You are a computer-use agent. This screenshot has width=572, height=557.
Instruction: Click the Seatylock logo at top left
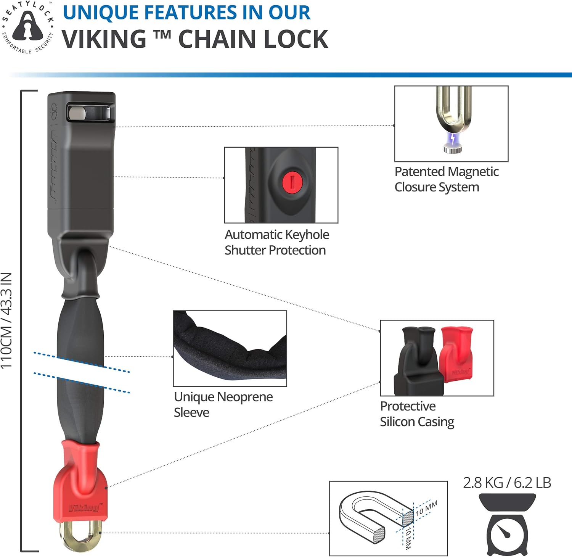[x=27, y=27]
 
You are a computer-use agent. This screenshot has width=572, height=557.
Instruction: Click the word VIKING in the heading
[x=104, y=39]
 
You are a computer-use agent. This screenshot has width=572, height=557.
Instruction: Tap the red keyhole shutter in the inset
[x=292, y=181]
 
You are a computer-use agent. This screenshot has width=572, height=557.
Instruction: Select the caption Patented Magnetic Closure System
[x=446, y=179]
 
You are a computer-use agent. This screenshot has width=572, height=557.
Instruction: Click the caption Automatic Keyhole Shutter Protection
[x=276, y=242]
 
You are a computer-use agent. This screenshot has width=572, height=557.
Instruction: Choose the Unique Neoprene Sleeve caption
[x=223, y=404]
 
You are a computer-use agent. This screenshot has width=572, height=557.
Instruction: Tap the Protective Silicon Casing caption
[x=417, y=414]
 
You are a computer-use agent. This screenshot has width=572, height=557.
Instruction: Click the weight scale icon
[x=507, y=525]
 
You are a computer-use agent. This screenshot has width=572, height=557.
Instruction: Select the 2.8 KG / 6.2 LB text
[x=507, y=483]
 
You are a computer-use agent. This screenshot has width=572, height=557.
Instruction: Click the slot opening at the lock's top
[x=90, y=113]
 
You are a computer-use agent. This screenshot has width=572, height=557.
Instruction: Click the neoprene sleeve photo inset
[x=230, y=348]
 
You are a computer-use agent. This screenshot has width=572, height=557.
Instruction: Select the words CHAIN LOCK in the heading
[x=253, y=39]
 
